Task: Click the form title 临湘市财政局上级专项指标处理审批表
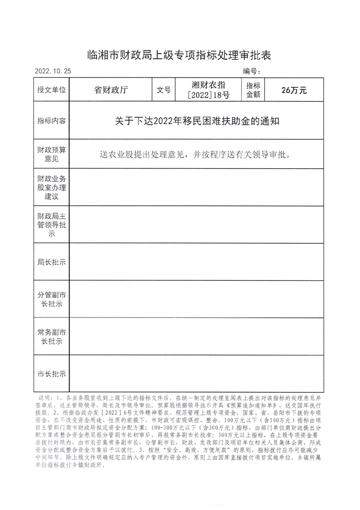pyautogui.click(x=180, y=56)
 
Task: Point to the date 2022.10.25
pyautogui.click(x=53, y=71)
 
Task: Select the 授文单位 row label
pyautogui.click(x=51, y=90)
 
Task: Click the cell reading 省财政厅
pyautogui.click(x=111, y=90)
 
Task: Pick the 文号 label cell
pyautogui.click(x=164, y=90)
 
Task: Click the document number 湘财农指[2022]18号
pyautogui.click(x=209, y=90)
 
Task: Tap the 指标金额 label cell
pyautogui.click(x=253, y=90)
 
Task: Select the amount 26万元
pyautogui.click(x=294, y=90)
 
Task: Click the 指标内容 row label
pyautogui.click(x=51, y=121)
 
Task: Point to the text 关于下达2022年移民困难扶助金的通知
pyautogui.click(x=198, y=121)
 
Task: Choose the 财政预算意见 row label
pyautogui.click(x=51, y=154)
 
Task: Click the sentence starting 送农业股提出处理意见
pyautogui.click(x=194, y=154)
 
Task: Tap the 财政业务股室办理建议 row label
pyautogui.click(x=51, y=187)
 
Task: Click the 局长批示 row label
pyautogui.click(x=51, y=262)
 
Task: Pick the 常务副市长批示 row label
pyautogui.click(x=51, y=336)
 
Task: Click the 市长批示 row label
pyautogui.click(x=51, y=374)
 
